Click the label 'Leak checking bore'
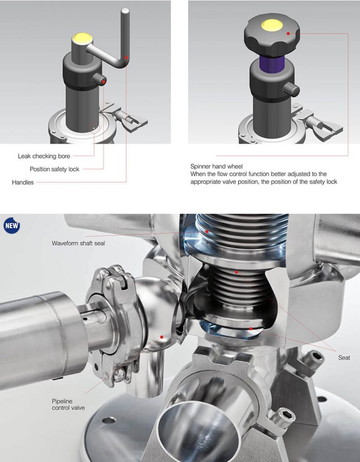pyautogui.click(x=44, y=156)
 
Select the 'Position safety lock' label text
pyautogui.click(x=54, y=169)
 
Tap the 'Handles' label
pyautogui.click(x=23, y=182)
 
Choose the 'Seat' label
pyautogui.click(x=344, y=358)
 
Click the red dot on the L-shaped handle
pyautogui.click(x=127, y=57)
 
